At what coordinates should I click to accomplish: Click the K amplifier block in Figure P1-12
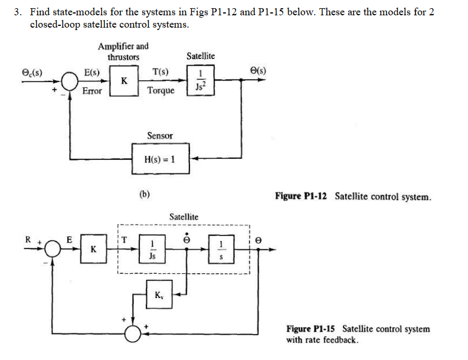pyautogui.click(x=123, y=81)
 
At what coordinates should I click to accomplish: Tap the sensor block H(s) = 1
pyautogui.click(x=160, y=159)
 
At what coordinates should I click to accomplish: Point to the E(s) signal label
pyautogui.click(x=92, y=73)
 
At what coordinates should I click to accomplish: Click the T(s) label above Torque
pyautogui.click(x=160, y=73)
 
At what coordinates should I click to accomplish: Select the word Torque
pyautogui.click(x=161, y=90)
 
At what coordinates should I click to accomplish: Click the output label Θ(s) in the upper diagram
pyautogui.click(x=257, y=71)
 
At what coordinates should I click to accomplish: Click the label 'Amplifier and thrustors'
pyautogui.click(x=123, y=51)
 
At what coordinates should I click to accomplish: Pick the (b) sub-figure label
pyautogui.click(x=145, y=193)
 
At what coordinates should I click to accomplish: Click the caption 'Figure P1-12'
pyautogui.click(x=303, y=197)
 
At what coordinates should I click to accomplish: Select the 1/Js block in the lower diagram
pyautogui.click(x=153, y=249)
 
